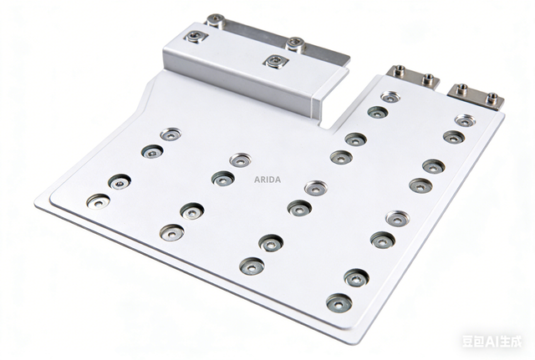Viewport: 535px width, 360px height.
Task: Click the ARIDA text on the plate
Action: (x=267, y=179)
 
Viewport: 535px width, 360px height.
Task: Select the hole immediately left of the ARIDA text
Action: (x=223, y=178)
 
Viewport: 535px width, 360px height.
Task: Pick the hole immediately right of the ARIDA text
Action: (x=315, y=188)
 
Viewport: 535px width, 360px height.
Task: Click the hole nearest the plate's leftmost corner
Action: (x=98, y=200)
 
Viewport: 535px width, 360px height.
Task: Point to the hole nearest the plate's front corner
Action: (x=339, y=302)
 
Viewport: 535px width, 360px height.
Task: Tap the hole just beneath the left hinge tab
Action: (x=390, y=97)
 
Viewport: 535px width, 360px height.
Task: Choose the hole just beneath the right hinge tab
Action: (x=465, y=120)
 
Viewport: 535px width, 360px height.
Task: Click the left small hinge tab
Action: (x=412, y=77)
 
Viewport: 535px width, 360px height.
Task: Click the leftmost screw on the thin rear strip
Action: (x=216, y=19)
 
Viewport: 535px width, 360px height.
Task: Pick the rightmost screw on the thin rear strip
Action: (x=294, y=43)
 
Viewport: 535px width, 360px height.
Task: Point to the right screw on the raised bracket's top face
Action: (x=274, y=61)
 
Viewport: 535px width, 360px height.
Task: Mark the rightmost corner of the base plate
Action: (x=503, y=111)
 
